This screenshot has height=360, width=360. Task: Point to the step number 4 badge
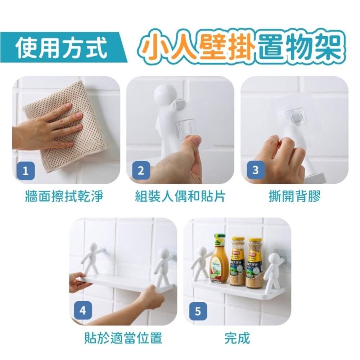pos(83,310)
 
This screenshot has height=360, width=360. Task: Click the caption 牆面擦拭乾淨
pos(64,197)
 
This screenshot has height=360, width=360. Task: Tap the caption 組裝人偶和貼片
pos(180,197)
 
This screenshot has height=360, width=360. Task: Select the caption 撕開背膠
pos(294,197)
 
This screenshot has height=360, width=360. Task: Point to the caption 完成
pos(237,338)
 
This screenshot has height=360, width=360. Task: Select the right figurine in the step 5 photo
pos(275,270)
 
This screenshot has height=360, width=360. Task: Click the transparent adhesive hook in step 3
pos(297,116)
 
